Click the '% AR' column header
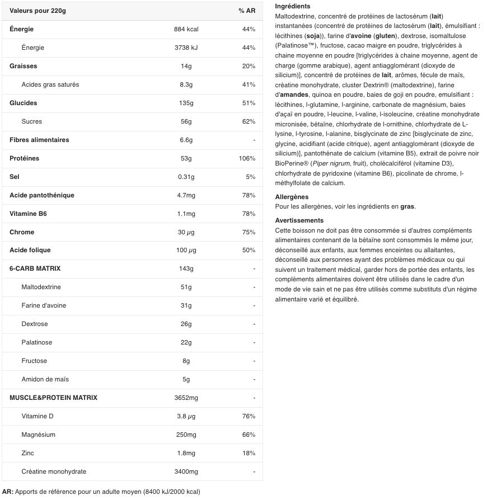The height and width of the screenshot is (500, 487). (x=246, y=11)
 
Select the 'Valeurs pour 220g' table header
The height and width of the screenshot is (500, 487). (x=38, y=11)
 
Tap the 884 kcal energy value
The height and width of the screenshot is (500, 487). (x=186, y=29)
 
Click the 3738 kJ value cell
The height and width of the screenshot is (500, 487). (x=186, y=48)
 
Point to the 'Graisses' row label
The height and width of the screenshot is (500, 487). (x=24, y=66)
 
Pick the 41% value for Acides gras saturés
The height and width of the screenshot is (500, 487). (x=249, y=84)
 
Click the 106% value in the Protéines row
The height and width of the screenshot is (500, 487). (x=247, y=158)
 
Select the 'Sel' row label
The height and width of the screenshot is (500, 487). (x=15, y=177)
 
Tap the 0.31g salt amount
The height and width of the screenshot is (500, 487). (x=186, y=177)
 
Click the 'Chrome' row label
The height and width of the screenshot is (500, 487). (x=22, y=232)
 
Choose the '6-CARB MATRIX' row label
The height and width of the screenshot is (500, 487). (x=35, y=268)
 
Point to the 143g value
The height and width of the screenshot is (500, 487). (x=186, y=268)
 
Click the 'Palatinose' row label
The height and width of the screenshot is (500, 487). (x=37, y=342)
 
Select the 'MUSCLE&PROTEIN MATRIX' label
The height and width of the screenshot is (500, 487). (x=53, y=398)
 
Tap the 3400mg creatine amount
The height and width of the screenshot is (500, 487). (x=186, y=471)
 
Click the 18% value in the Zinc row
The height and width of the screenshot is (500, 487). (x=249, y=453)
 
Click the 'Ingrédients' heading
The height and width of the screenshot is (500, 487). (x=292, y=6)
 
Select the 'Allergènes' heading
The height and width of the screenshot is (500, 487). (x=292, y=197)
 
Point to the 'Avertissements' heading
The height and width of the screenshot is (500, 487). (x=299, y=220)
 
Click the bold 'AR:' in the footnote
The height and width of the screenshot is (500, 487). (x=8, y=492)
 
